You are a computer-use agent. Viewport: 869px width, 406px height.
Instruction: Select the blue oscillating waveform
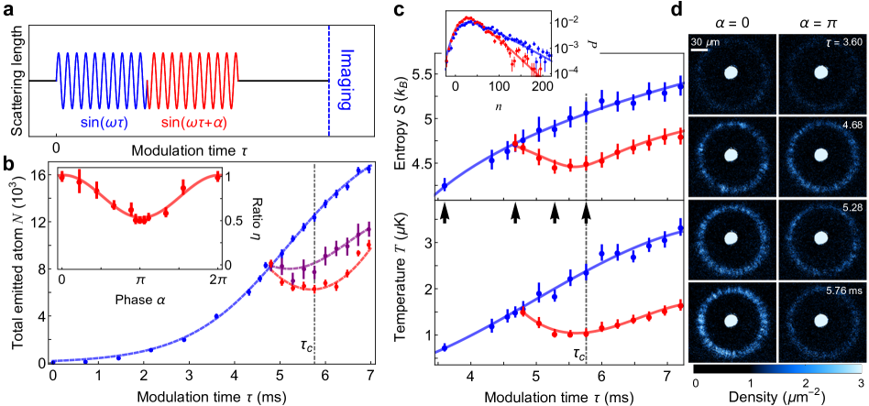pos(101,80)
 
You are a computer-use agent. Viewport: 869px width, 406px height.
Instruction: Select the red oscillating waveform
pos(193,80)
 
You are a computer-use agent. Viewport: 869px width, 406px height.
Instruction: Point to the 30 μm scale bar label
pos(703,41)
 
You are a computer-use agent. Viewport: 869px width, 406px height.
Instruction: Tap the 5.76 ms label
pos(842,291)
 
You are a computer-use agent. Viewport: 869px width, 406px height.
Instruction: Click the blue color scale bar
pos(808,369)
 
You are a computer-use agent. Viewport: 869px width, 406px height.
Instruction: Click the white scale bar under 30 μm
pos(698,49)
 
